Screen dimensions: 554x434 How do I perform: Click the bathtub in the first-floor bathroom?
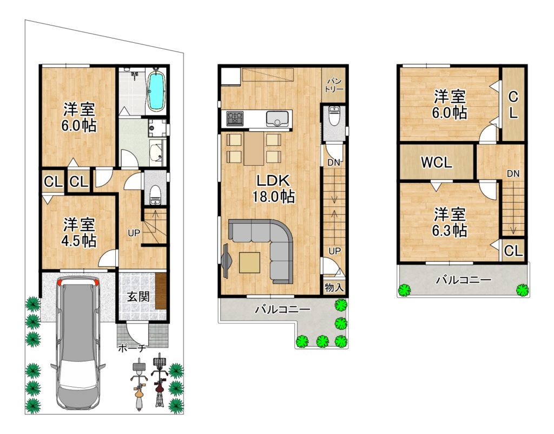point(155,90)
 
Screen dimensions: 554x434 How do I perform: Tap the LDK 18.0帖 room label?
point(273,189)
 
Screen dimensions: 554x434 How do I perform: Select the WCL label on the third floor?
point(437,163)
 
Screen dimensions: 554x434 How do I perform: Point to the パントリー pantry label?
point(334,85)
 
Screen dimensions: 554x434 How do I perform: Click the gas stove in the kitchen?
point(235,118)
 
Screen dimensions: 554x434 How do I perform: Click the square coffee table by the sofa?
point(249,262)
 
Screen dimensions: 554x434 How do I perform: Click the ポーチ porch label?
point(131,348)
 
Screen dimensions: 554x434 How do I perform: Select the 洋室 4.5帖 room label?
point(79,233)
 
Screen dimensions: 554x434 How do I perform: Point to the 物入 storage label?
point(334,287)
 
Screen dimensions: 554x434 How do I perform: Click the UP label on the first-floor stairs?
point(134,233)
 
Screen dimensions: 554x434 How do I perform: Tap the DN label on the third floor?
point(513,174)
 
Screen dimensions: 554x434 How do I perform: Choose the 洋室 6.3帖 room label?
point(450,222)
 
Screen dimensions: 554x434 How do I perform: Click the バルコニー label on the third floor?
point(463,280)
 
